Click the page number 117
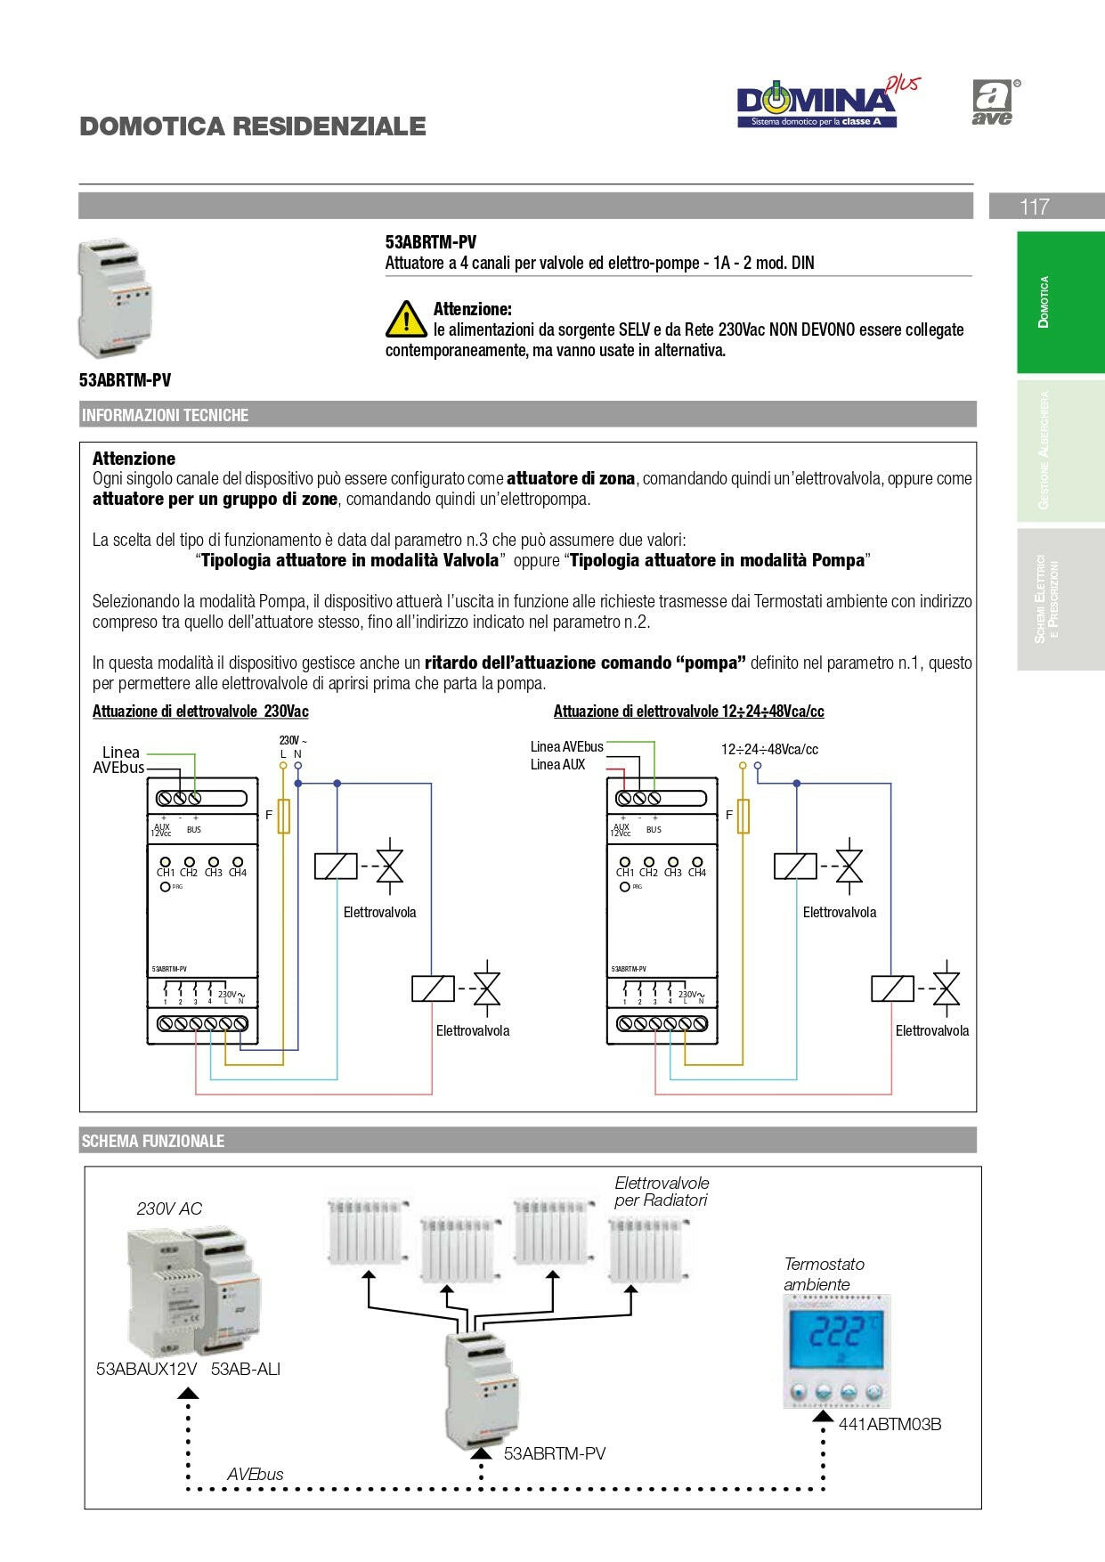click(1034, 207)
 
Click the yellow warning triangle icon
click(406, 319)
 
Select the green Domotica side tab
click(1060, 302)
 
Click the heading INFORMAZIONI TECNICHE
click(165, 415)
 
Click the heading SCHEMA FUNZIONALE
click(152, 1141)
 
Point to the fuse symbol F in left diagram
click(284, 816)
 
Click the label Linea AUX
click(557, 765)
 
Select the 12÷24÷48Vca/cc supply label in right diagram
click(769, 749)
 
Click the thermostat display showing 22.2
click(835, 1335)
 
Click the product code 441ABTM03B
click(890, 1424)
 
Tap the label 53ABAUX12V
click(146, 1369)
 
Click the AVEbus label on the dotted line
click(255, 1474)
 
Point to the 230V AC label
click(169, 1208)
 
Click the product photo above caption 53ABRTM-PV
click(116, 297)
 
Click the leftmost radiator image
click(368, 1232)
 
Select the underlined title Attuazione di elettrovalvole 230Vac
click(200, 712)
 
